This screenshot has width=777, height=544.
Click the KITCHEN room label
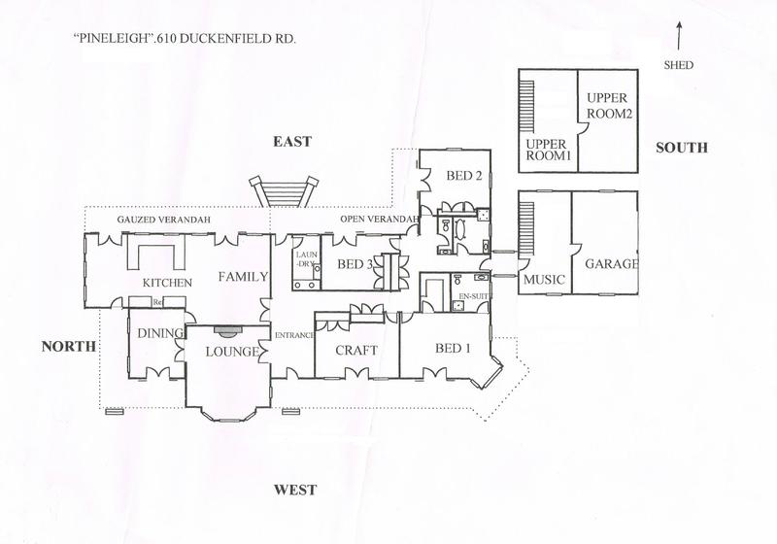pyautogui.click(x=167, y=283)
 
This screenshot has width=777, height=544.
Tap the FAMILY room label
pyautogui.click(x=244, y=277)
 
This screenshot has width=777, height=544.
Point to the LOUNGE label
pyautogui.click(x=232, y=352)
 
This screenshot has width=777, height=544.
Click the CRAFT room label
pyautogui.click(x=356, y=351)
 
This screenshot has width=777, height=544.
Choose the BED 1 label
pyautogui.click(x=453, y=349)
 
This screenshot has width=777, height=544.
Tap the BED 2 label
pyautogui.click(x=464, y=176)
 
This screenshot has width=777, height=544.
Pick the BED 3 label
pyautogui.click(x=355, y=264)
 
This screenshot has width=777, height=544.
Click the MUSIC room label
pyautogui.click(x=544, y=280)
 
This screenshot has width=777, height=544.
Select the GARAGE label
pyautogui.click(x=612, y=263)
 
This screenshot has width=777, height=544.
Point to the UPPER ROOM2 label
pyautogui.click(x=610, y=106)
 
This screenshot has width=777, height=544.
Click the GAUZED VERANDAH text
pyautogui.click(x=163, y=220)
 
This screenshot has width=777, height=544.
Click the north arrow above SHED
pyautogui.click(x=679, y=35)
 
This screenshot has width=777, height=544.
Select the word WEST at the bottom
pyautogui.click(x=295, y=490)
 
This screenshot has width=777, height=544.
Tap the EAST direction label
pyautogui.click(x=292, y=142)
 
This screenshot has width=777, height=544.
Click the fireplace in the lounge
pyautogui.click(x=227, y=329)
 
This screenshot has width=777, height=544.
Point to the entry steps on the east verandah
pyautogui.click(x=283, y=192)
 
